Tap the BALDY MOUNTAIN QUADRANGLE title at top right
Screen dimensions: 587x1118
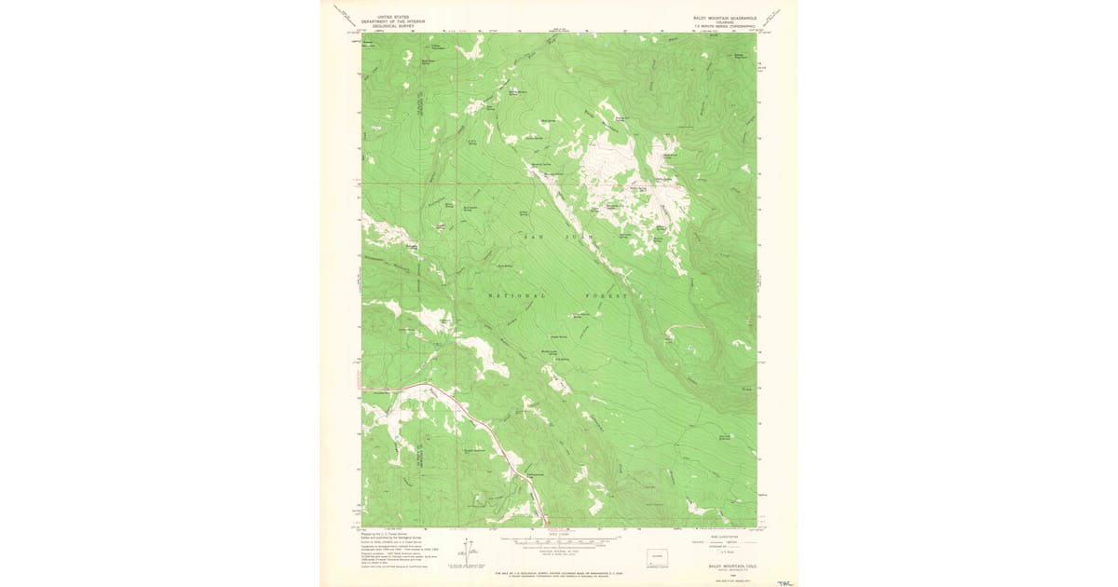pos(727,17)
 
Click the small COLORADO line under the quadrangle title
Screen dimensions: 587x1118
pos(727,21)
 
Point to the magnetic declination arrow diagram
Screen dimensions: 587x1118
pos(467,552)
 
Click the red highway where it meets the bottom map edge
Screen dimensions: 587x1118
pos(545,524)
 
